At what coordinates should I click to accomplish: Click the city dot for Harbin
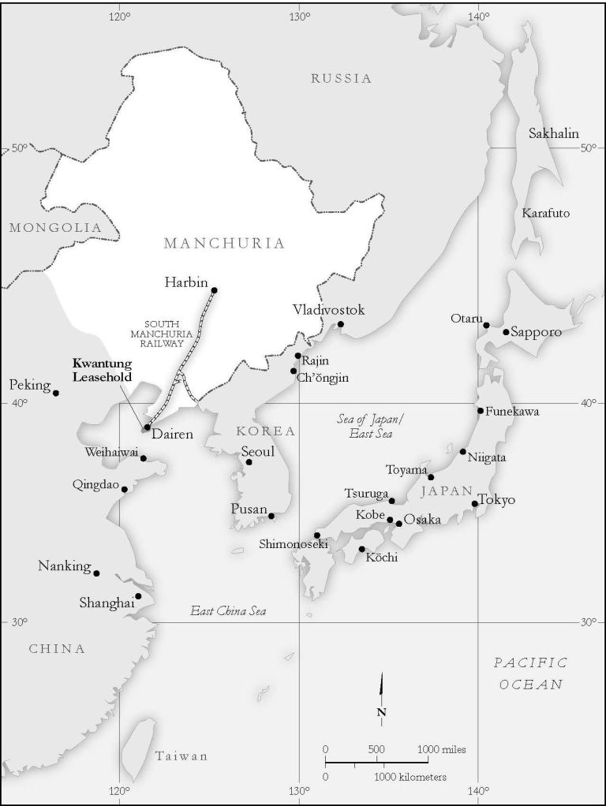click(x=214, y=290)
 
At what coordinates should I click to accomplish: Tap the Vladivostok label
click(x=328, y=310)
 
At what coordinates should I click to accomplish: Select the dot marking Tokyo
click(x=474, y=503)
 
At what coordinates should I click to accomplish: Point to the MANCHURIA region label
click(x=224, y=243)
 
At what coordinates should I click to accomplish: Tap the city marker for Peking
click(x=55, y=393)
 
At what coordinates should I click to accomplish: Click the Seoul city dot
click(x=249, y=461)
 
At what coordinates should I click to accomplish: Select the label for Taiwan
click(x=181, y=756)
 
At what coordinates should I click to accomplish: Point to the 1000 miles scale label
click(x=436, y=748)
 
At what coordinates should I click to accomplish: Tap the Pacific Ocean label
click(x=530, y=674)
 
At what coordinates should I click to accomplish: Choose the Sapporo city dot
click(x=506, y=331)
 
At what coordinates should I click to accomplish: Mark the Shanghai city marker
click(x=138, y=596)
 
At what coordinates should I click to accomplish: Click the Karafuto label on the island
click(x=545, y=213)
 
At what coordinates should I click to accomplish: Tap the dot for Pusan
click(x=271, y=516)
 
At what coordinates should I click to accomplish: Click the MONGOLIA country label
click(x=55, y=228)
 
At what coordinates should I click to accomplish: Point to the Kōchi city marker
click(x=361, y=549)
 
